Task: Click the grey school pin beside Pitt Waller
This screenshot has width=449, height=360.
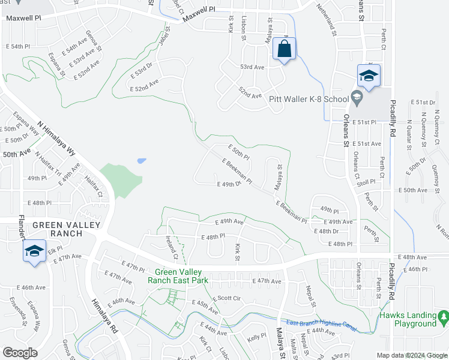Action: click(357, 97)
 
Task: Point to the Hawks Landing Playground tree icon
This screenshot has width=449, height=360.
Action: click(443, 316)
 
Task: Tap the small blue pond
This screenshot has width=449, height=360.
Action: click(141, 161)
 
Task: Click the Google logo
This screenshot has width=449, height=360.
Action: click(20, 353)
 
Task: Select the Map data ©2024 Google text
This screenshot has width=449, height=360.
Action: click(411, 355)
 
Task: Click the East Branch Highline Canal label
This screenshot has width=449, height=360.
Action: click(322, 324)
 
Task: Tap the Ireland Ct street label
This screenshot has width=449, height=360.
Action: click(172, 247)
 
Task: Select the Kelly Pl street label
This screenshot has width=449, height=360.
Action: click(256, 337)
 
